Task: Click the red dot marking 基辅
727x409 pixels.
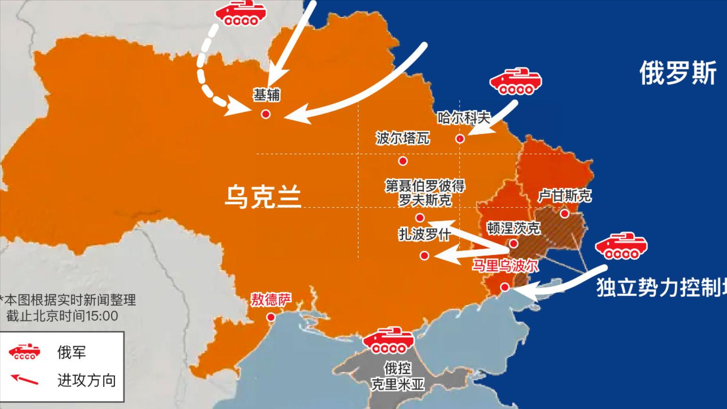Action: point(266,114)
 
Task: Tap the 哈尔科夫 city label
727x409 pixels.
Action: point(464,117)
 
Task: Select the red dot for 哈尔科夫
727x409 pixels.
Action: point(460,139)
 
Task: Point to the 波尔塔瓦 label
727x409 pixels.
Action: point(403,138)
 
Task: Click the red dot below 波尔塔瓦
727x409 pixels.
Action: point(403,161)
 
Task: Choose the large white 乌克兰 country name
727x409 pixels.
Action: point(263,197)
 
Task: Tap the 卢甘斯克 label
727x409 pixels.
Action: point(565,195)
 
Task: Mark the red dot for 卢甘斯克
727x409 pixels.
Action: point(565,214)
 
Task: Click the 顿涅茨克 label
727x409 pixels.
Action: point(513,228)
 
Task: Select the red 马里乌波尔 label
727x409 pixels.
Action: point(505,266)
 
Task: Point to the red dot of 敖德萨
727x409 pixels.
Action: point(271,317)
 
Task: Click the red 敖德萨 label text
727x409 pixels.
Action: point(271,299)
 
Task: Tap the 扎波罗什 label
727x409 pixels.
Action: point(425,234)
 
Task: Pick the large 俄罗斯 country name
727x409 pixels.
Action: point(678,73)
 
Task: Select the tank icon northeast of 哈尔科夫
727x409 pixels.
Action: point(516,82)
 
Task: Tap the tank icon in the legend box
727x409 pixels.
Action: point(24,352)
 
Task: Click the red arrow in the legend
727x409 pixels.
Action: point(24,379)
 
